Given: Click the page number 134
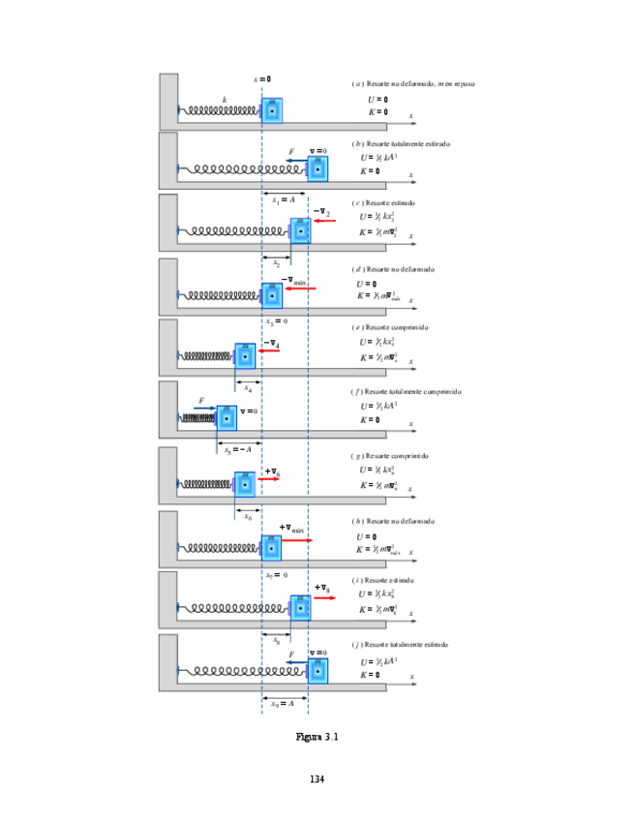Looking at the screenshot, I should click(317, 778).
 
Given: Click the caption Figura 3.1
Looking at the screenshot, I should click(317, 737).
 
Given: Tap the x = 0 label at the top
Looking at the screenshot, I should click(262, 78).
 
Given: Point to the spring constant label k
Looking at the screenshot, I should click(225, 99).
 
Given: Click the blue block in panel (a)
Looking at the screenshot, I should click(272, 110).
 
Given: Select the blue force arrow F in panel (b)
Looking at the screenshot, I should click(296, 162).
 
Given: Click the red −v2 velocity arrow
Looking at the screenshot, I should click(323, 222).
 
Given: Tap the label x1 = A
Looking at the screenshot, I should click(284, 199).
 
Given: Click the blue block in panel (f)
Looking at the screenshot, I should click(226, 416).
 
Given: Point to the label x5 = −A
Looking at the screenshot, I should click(238, 449).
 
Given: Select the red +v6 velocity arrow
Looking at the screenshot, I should click(268, 478).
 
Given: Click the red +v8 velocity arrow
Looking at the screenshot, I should click(324, 598).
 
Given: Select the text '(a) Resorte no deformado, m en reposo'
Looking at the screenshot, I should click(413, 84).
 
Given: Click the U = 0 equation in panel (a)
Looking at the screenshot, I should click(377, 99).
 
